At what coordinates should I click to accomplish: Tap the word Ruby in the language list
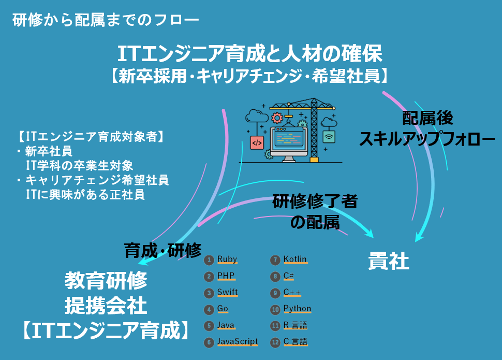(x=227, y=260)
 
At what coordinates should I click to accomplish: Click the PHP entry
(x=226, y=276)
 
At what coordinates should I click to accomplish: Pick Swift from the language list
(x=227, y=292)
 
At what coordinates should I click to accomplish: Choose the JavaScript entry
(x=237, y=342)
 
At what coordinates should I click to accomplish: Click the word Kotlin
(x=295, y=260)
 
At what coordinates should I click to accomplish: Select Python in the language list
(x=297, y=309)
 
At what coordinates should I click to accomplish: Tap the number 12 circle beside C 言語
(x=275, y=342)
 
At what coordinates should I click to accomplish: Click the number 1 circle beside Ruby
(x=209, y=260)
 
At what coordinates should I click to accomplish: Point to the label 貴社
(x=389, y=261)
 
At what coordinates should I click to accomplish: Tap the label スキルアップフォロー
(x=427, y=138)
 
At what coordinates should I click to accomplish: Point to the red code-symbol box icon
(x=257, y=142)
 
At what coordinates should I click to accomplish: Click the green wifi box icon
(x=328, y=137)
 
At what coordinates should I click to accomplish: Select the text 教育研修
(x=106, y=281)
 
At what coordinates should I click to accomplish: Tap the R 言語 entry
(x=295, y=325)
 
